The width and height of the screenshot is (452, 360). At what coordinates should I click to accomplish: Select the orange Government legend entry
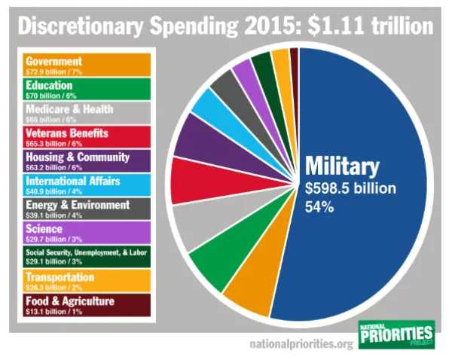click(x=87, y=64)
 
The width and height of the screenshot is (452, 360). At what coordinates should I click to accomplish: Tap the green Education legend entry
click(x=87, y=88)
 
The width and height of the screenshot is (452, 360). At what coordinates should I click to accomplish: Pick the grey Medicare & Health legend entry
click(x=87, y=112)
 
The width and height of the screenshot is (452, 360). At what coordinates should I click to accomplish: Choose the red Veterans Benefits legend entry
click(x=87, y=136)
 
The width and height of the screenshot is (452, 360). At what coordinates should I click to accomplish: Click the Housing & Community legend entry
click(x=87, y=160)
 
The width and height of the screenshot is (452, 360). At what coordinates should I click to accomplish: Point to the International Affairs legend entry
click(x=87, y=185)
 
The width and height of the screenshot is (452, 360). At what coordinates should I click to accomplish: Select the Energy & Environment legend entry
click(x=87, y=209)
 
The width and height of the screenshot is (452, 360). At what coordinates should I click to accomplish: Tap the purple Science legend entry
click(x=87, y=232)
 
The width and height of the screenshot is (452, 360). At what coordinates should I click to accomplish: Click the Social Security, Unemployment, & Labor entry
click(x=87, y=256)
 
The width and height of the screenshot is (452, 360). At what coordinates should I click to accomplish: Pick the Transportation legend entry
click(x=87, y=280)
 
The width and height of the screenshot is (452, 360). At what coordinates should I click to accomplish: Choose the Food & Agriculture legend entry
click(x=87, y=304)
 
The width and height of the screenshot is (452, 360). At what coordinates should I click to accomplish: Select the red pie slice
click(x=193, y=181)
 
